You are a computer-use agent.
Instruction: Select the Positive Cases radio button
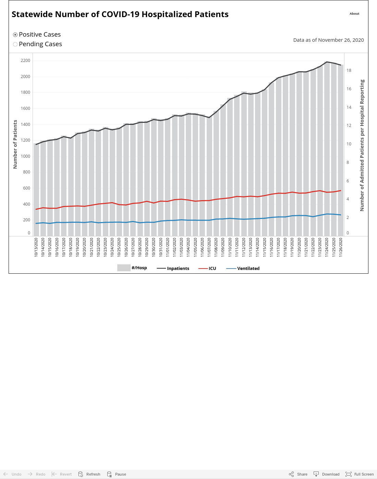point(15,35)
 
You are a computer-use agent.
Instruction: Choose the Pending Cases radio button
point(15,44)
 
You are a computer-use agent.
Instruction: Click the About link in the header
point(354,14)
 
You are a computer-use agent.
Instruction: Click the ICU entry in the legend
point(207,268)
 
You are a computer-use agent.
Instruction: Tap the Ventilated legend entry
point(243,268)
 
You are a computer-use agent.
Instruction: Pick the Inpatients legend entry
point(173,268)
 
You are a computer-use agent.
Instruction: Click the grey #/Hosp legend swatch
point(124,268)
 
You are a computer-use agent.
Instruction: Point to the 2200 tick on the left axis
point(25,61)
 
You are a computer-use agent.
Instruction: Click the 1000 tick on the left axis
point(25,156)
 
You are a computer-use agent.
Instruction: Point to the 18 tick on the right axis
point(349,70)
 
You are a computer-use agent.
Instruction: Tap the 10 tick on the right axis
point(349,144)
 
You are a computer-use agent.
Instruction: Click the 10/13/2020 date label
point(36,247)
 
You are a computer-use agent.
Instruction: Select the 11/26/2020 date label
point(341,247)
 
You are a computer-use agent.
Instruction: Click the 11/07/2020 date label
point(209,247)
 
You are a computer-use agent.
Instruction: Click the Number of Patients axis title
point(15,144)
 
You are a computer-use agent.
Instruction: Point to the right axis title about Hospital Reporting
point(362,145)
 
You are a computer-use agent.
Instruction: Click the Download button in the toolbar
point(327,474)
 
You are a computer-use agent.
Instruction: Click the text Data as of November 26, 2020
point(328,40)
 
